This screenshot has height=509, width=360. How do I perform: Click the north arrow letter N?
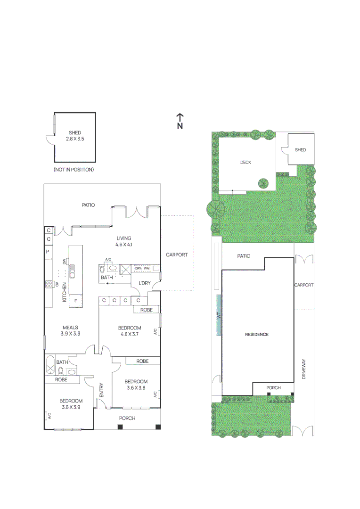[x=180, y=126]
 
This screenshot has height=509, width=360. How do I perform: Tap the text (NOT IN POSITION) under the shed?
[x=74, y=169]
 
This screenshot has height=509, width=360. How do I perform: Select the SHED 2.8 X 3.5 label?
[x=75, y=136]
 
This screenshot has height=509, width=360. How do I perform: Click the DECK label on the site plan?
[x=245, y=162]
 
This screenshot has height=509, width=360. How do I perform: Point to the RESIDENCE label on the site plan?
[x=257, y=334]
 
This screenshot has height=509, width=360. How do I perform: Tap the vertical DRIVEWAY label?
[x=304, y=369]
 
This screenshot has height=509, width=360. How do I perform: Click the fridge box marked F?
[x=75, y=300]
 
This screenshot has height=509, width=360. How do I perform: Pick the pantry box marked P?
[x=48, y=252]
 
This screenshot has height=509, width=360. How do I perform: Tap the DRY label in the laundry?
[x=138, y=269]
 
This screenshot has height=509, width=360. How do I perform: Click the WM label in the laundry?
[x=147, y=269]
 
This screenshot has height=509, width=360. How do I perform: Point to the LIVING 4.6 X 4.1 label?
[x=124, y=241]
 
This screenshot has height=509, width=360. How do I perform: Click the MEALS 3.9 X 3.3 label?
[x=70, y=330]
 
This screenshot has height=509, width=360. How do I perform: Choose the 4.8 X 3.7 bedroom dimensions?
[x=129, y=334]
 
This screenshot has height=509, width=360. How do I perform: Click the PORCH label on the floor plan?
[x=127, y=418]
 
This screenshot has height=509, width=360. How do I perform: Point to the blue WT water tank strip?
[x=219, y=315]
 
